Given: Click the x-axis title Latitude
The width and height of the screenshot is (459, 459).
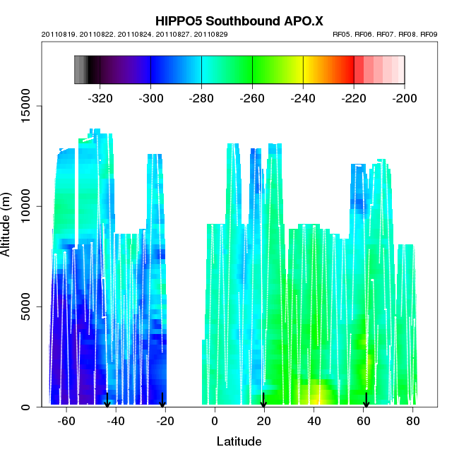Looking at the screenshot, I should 239,441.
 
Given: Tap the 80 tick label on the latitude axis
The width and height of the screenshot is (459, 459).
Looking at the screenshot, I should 413,421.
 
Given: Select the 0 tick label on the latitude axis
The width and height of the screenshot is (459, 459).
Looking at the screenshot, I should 215,421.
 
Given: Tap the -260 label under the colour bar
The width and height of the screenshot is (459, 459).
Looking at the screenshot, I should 252,98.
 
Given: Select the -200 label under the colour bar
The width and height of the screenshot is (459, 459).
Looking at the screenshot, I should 404,98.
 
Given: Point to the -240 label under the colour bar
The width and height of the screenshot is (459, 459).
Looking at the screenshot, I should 303,98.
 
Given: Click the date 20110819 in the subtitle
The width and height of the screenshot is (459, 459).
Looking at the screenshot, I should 59,34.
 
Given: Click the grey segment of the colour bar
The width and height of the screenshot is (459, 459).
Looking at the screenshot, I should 81,69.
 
